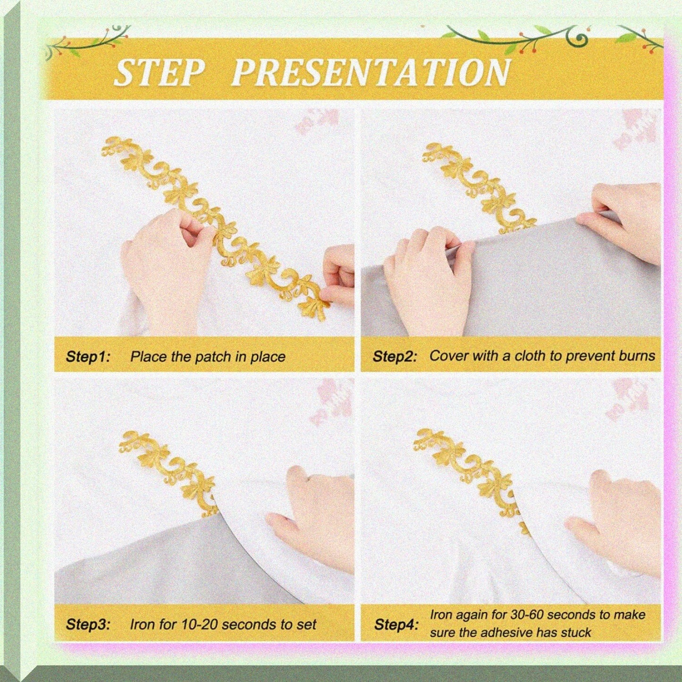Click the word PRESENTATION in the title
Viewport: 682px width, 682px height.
point(371,72)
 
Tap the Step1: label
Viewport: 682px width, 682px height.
point(88,357)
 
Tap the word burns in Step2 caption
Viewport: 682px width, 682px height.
point(637,356)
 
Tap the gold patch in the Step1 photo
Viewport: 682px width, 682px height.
point(216,227)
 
